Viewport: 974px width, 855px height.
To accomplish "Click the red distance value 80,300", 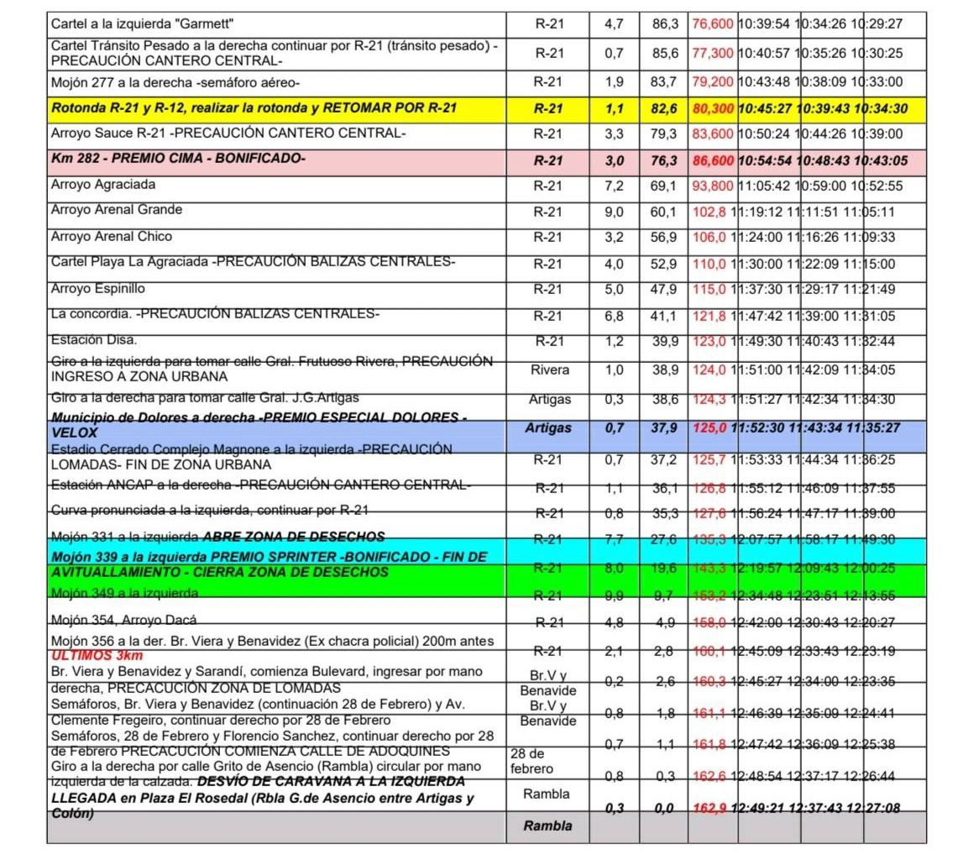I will click(713, 108).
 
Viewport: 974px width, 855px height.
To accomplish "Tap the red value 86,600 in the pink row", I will click(713, 160).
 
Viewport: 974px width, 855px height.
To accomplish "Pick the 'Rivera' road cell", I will click(549, 370).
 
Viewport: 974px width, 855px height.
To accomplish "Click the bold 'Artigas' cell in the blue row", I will click(548, 428).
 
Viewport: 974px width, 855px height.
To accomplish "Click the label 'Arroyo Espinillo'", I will click(97, 288).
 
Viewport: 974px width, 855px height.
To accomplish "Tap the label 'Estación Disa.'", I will click(93, 340).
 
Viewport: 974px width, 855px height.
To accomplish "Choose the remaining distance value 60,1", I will click(664, 212).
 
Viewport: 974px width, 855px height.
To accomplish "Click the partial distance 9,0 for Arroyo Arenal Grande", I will click(614, 212).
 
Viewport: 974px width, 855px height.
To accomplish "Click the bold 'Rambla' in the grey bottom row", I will click(548, 826).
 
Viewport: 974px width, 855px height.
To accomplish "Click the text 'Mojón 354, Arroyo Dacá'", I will click(123, 621).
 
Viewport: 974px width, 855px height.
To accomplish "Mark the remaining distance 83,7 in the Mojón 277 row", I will click(664, 81).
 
